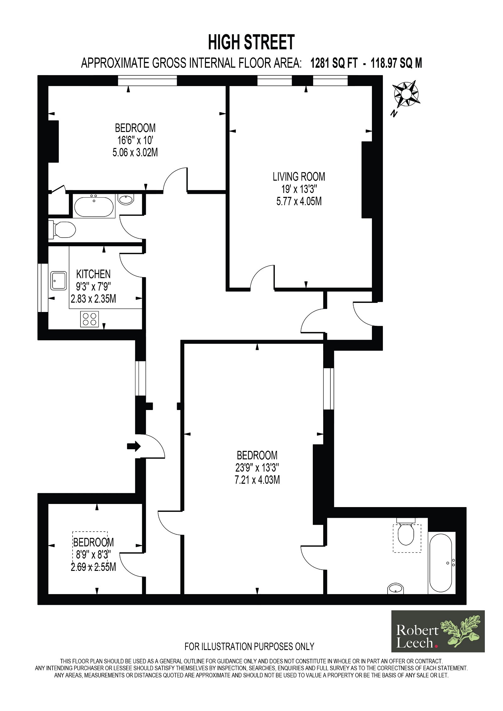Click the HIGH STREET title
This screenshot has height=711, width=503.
click(x=251, y=42)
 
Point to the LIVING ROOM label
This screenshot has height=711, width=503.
click(x=299, y=177)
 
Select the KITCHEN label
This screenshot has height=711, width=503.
click(x=93, y=274)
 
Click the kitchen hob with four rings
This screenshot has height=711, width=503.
click(x=90, y=319)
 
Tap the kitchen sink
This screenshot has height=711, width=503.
click(x=58, y=281)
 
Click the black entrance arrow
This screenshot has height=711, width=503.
click(x=134, y=446)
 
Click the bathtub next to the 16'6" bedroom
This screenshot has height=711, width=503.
click(x=94, y=206)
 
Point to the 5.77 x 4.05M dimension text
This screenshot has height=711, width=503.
click(x=299, y=201)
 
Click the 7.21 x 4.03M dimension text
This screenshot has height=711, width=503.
click(x=257, y=480)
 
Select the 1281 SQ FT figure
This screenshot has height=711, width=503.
click(x=334, y=63)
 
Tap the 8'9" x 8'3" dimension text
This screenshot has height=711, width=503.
click(x=93, y=555)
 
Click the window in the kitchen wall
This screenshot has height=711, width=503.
click(x=43, y=287)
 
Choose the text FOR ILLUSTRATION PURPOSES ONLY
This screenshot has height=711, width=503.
click(x=249, y=646)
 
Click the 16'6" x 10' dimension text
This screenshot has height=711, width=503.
click(x=135, y=140)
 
